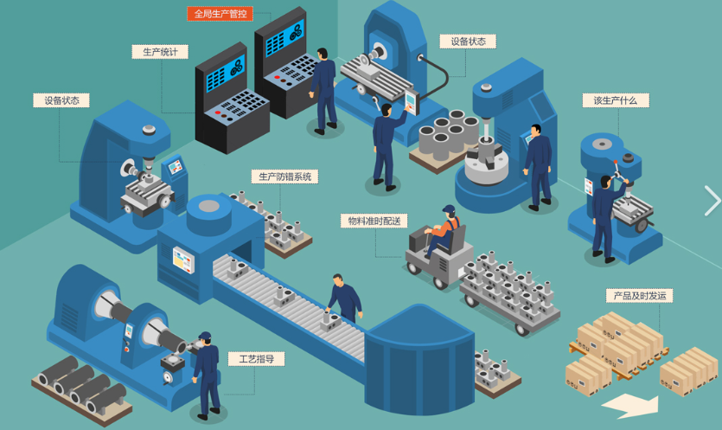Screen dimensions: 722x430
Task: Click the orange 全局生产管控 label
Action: (220, 14)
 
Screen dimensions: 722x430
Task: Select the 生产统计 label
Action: (160, 52)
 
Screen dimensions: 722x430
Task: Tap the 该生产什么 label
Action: (615, 100)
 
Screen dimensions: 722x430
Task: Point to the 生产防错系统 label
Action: (284, 176)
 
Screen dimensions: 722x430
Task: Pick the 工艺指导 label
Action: (257, 358)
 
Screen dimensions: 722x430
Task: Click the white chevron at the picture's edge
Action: (712, 201)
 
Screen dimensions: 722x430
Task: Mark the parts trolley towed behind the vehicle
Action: (510, 289)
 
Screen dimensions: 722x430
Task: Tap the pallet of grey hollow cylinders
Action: (446, 138)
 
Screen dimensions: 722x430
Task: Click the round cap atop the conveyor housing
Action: (208, 207)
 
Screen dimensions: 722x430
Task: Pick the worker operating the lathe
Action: (207, 373)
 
